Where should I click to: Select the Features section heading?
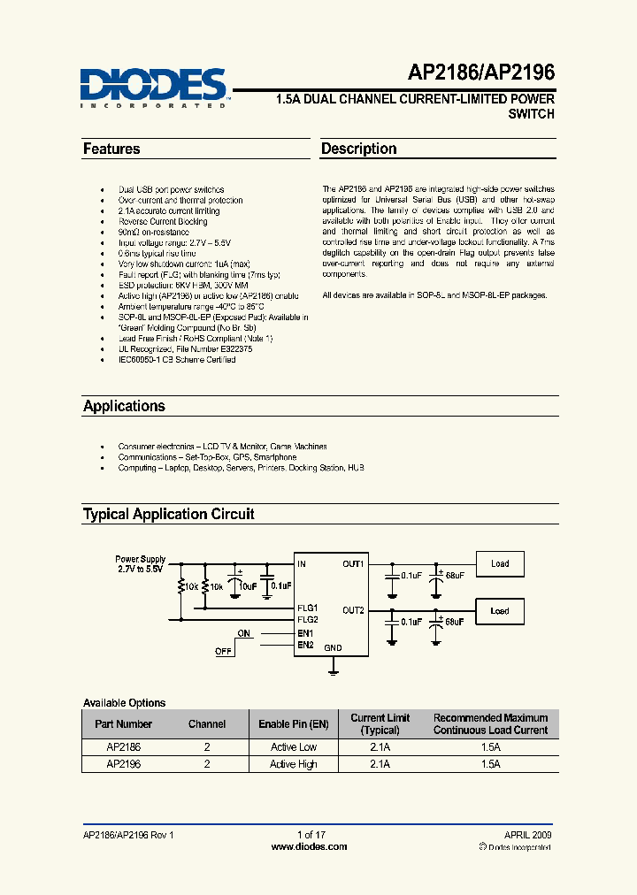pos(111,149)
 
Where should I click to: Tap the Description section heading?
pos(358,149)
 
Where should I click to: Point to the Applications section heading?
pos(124,407)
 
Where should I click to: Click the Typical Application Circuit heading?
pos(168,514)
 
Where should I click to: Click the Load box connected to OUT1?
pos(500,563)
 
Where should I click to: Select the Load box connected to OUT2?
pos(500,611)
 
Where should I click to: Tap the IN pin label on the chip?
pos(303,563)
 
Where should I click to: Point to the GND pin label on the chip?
pos(333,647)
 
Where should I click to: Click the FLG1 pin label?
pos(307,608)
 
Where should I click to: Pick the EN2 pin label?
pos(305,645)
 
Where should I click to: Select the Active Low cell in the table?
pos(293,747)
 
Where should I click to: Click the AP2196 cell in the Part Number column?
pos(123,764)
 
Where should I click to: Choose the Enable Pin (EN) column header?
pos(293,724)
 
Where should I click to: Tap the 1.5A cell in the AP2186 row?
pos(490,747)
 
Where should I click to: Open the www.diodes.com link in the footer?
pos(309,847)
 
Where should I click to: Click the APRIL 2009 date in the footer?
pos(528,835)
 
